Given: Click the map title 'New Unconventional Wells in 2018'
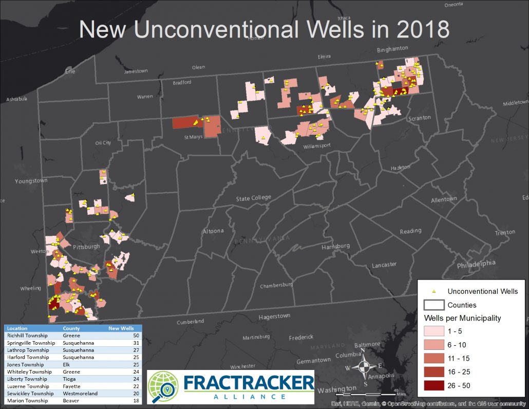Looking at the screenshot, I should (264, 30).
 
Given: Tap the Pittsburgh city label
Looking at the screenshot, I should (86, 247).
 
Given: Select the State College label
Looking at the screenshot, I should (253, 198).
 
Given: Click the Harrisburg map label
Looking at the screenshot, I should (335, 247).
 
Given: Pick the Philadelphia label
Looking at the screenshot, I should (476, 264).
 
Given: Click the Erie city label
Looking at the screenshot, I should (70, 71).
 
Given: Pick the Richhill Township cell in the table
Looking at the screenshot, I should (27, 336).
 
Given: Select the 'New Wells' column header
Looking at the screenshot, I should (121, 328).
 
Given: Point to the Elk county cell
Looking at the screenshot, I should (67, 364).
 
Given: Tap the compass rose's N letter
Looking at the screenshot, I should (363, 351).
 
